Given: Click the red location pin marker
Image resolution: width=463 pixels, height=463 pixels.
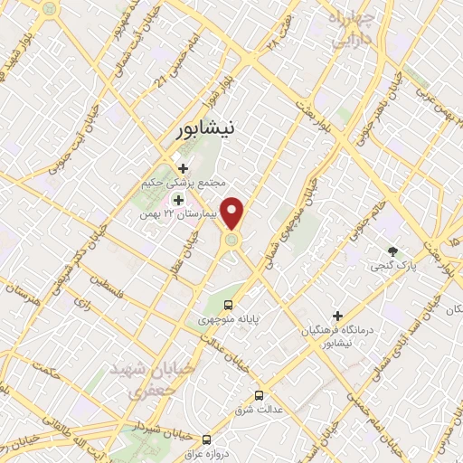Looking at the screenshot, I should [232, 212].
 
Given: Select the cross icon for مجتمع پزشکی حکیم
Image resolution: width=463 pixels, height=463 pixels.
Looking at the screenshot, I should [184, 168].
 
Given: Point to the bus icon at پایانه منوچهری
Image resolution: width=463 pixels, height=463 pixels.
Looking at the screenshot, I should [228, 305].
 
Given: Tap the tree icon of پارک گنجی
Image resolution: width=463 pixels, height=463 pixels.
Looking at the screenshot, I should [392, 250].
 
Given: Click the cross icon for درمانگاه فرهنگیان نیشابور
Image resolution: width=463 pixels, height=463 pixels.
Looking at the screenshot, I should [338, 317].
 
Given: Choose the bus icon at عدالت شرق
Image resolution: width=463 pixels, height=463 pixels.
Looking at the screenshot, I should [260, 395].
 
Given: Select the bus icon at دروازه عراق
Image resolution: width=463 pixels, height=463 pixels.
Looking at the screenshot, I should [207, 437].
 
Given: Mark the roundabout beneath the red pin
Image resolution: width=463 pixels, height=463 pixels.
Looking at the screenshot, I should [232, 240].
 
